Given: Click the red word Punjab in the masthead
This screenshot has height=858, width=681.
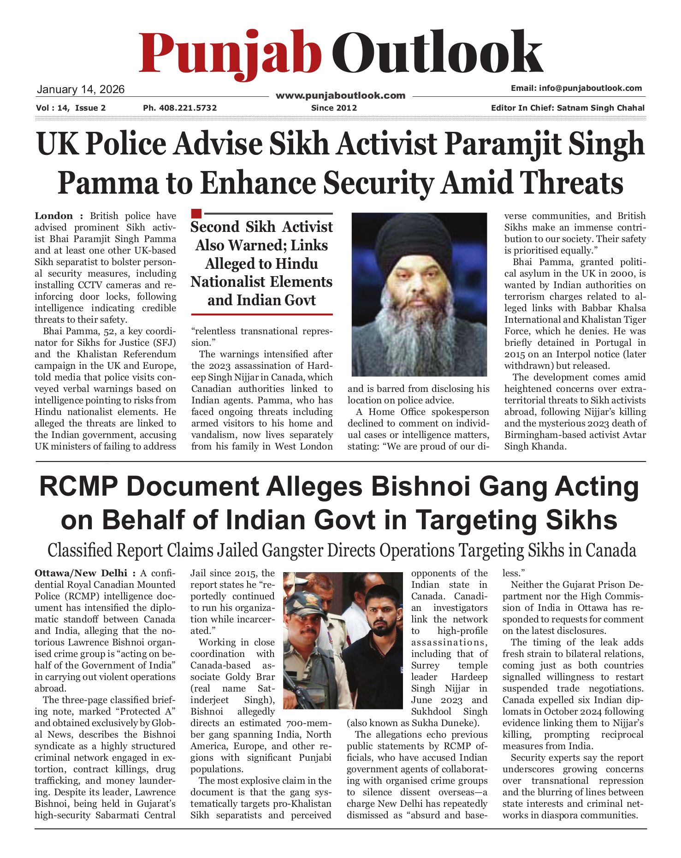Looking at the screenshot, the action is [230, 53].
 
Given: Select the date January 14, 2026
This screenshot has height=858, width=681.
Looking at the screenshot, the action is [81, 89].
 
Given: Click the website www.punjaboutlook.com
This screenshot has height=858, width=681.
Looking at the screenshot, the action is [340, 96].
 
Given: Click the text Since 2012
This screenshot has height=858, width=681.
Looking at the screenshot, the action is [334, 108].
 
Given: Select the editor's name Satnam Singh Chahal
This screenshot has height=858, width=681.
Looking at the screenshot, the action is [600, 108].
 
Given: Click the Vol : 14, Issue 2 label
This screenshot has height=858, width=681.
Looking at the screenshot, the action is [71, 108].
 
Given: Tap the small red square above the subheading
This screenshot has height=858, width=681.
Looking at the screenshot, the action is [196, 213].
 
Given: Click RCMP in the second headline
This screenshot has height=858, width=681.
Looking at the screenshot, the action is [77, 486].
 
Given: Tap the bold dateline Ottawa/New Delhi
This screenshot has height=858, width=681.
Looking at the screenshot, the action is [81, 573].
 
